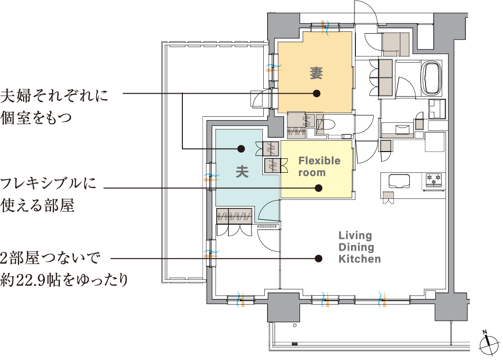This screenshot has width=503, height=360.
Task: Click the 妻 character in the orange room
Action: coord(316,73)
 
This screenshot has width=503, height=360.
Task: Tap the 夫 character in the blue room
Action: coord(242,171)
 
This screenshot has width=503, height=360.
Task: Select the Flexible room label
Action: coord(319,166)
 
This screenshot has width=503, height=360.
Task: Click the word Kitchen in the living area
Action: coord(360,258)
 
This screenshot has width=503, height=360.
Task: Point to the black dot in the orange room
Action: coord(317,93)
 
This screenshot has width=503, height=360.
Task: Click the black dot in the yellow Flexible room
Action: coord(318,188)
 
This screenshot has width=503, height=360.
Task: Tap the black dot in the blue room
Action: coord(241,149)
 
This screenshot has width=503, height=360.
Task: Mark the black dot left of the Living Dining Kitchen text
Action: coord(318,258)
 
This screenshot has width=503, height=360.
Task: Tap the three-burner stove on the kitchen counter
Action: coord(434,180)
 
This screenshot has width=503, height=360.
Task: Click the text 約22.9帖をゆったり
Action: coord(64,280)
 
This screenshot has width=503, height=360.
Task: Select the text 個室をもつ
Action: coord(36,118)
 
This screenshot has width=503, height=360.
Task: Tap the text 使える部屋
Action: coord(38,205)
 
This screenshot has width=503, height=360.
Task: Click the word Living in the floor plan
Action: coord(355,236)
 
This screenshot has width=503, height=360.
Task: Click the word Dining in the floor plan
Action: coord(356,247)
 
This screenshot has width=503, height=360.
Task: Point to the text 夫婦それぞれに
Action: coord(54,96)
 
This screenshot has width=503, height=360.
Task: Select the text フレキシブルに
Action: coord(48,183)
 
